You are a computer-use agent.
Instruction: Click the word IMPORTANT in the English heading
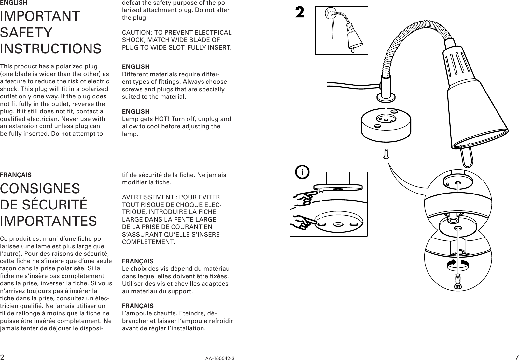(x=40, y=16)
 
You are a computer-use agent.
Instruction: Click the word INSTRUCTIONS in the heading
(x=51, y=49)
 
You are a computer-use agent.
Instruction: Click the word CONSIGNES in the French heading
(x=40, y=189)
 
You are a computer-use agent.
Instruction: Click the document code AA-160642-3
(x=219, y=358)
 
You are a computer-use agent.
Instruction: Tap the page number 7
(x=516, y=356)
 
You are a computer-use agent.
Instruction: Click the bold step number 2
(x=300, y=13)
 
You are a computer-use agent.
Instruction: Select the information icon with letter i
(x=302, y=172)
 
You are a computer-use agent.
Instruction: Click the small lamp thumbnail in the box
(x=342, y=30)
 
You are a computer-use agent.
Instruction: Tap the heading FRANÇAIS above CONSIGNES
(x=16, y=175)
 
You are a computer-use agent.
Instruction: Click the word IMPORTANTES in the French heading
(x=48, y=221)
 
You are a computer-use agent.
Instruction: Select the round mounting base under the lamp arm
(x=386, y=127)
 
